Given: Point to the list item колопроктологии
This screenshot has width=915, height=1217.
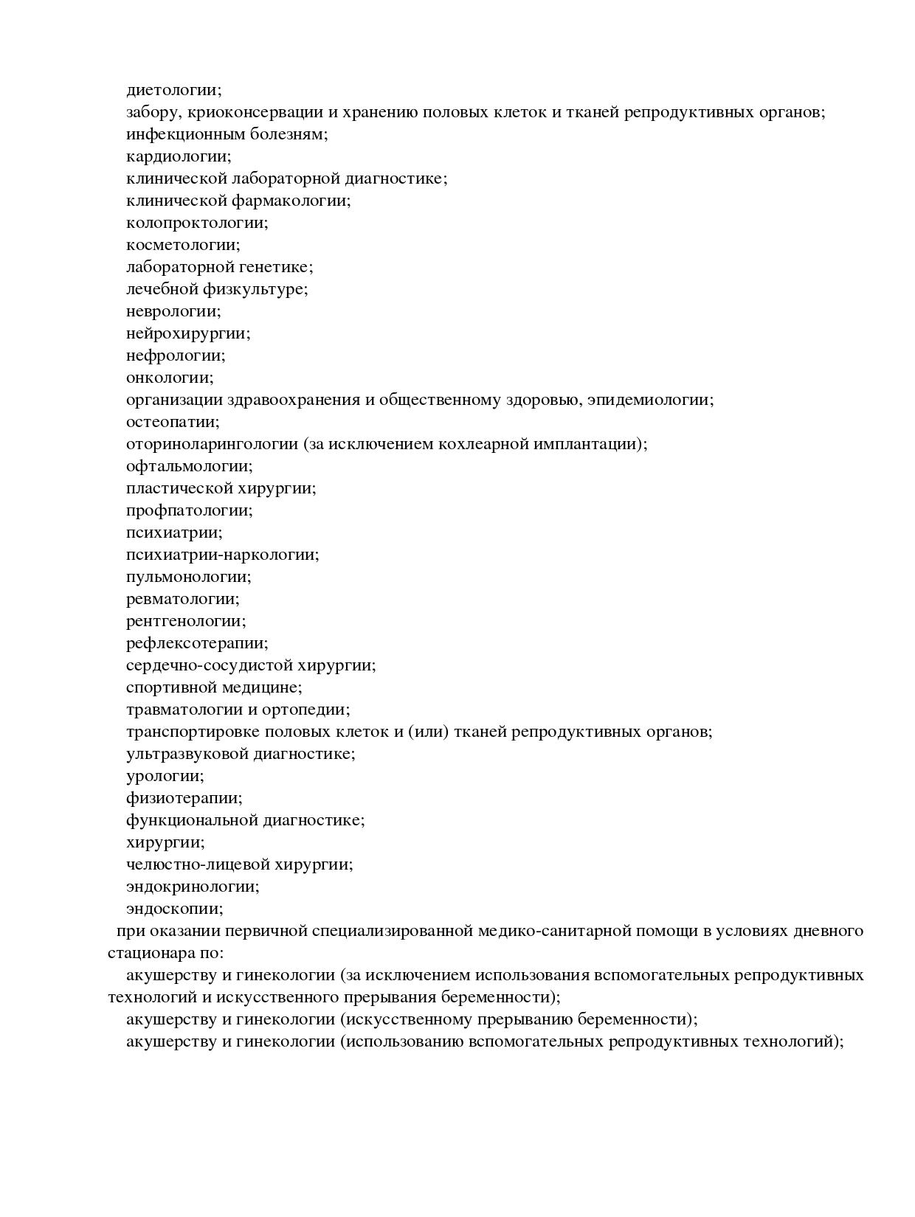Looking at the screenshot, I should point(197,223).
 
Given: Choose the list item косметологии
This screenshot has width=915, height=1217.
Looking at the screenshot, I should point(183,245).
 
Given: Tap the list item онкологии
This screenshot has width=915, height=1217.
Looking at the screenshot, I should point(170,378).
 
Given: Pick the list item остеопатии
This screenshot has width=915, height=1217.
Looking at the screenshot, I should point(173,422).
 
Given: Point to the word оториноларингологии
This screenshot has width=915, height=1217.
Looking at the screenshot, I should point(212,444).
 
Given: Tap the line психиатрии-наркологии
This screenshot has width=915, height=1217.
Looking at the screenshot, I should point(223,555).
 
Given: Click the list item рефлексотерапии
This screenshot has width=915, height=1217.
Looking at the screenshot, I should point(197,643).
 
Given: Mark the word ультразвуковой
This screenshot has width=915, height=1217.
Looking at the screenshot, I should point(187,754).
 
